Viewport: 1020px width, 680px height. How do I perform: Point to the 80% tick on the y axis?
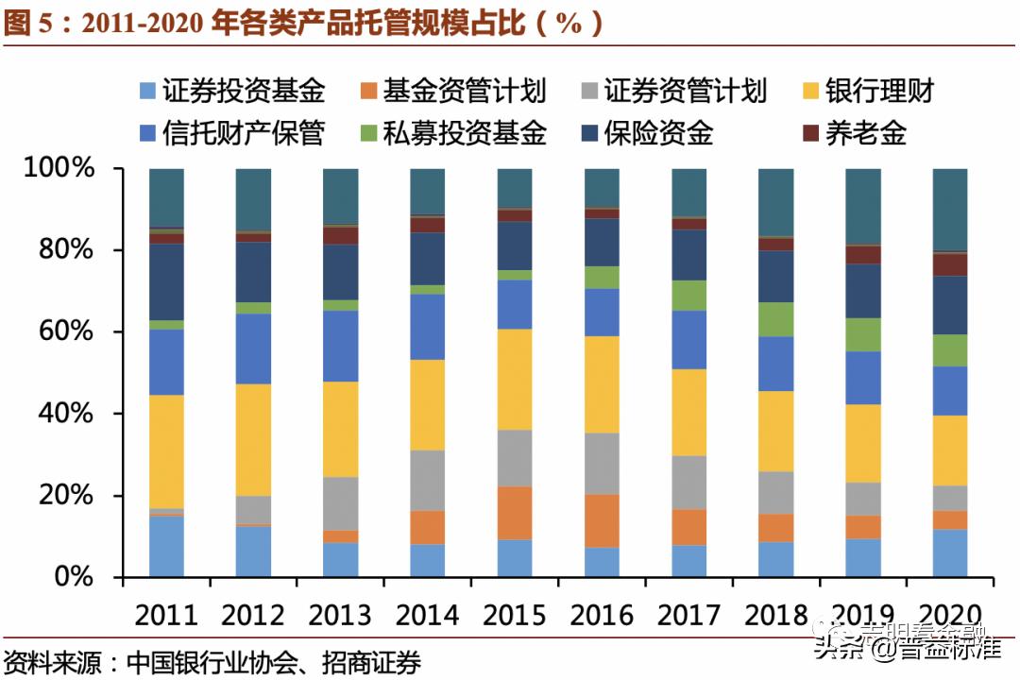(59, 250)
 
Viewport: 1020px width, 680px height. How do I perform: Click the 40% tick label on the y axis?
(59, 414)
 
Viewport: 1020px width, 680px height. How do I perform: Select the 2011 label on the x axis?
(166, 615)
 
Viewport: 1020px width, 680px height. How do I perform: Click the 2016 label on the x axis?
(602, 615)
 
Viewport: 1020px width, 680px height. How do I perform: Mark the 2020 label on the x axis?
(949, 615)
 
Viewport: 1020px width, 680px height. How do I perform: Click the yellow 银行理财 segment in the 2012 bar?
(253, 439)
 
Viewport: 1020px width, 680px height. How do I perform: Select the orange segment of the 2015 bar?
(515, 513)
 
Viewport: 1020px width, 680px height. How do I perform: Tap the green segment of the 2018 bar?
(775, 319)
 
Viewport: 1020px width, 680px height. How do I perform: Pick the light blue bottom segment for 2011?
(166, 546)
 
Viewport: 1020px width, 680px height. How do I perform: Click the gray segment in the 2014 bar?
(428, 480)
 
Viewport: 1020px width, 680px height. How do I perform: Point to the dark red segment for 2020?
(949, 264)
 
